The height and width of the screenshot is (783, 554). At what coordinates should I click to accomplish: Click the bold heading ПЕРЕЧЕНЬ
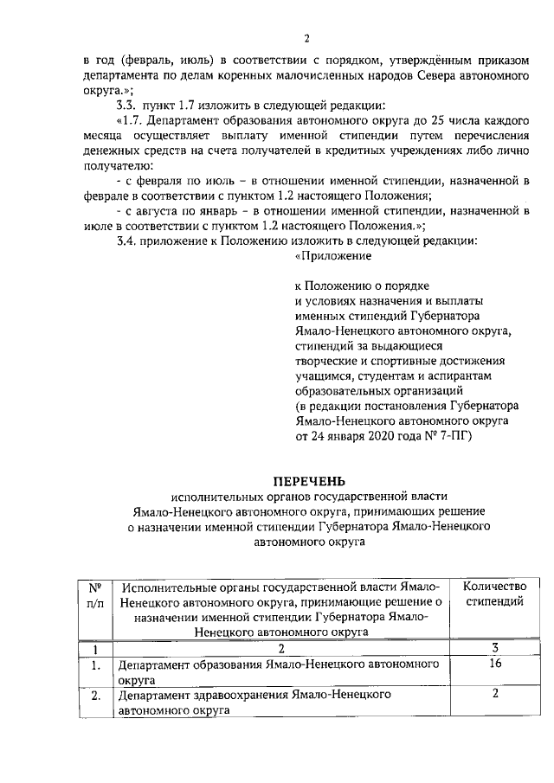309,480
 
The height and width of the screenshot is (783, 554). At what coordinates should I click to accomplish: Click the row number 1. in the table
97,665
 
